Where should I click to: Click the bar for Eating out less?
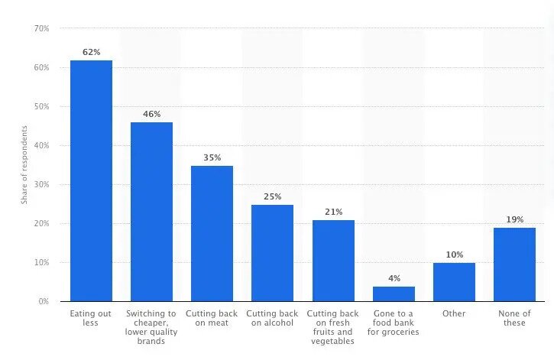[x=91, y=180]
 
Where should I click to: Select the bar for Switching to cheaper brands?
[x=151, y=212]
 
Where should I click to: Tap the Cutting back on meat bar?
[x=212, y=233]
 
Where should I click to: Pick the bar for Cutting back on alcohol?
[x=272, y=253]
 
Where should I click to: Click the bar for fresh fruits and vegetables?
[x=333, y=261]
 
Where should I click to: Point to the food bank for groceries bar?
[x=394, y=294]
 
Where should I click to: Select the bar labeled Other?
[x=454, y=282]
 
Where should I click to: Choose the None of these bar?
[x=514, y=264]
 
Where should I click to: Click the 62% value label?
[x=91, y=52]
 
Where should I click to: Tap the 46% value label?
[x=151, y=114]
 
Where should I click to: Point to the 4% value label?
[x=394, y=278]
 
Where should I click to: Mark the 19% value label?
[x=514, y=219]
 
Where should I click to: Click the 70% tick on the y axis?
[x=41, y=28]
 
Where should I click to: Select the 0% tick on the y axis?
[x=44, y=302]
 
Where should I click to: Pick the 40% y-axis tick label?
[x=41, y=145]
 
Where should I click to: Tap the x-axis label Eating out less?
[x=91, y=318]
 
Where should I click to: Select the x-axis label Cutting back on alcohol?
[x=272, y=318]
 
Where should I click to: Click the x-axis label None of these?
[x=514, y=318]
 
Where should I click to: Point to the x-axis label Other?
[x=454, y=313]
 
